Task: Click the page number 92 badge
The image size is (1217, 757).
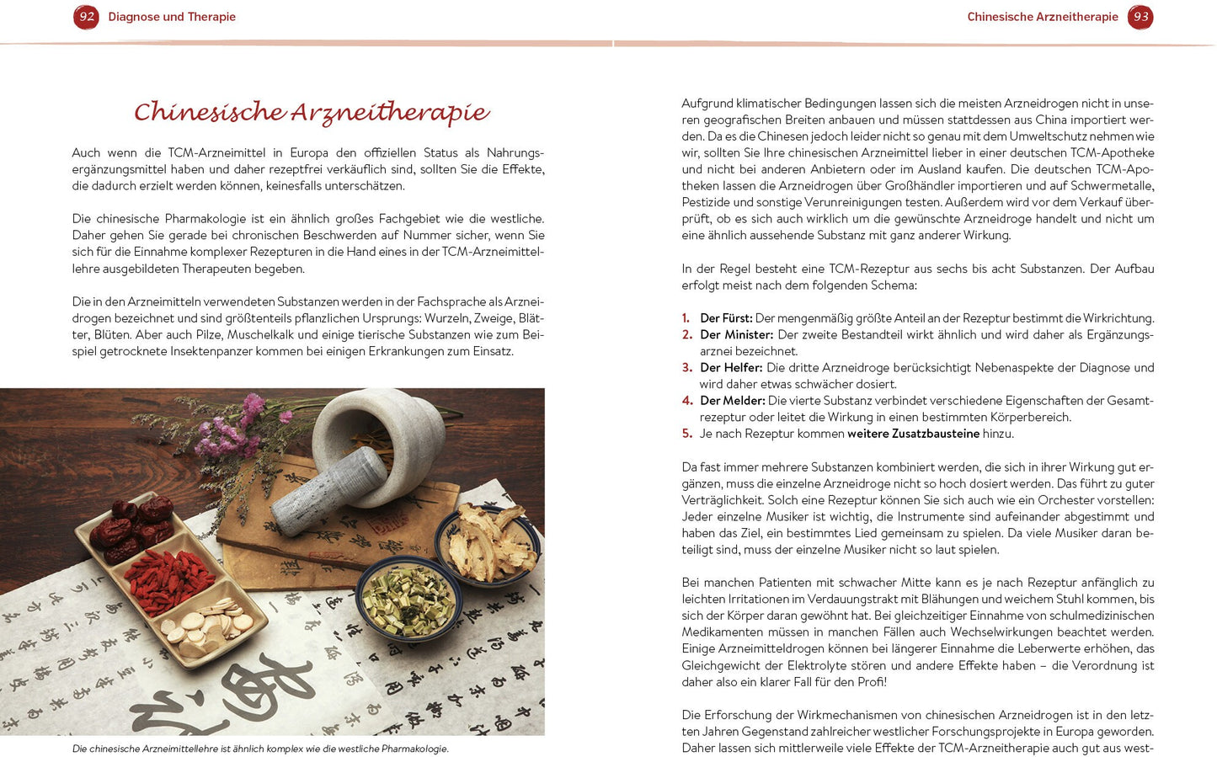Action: pos(86,17)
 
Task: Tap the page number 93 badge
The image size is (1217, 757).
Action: pos(1140,17)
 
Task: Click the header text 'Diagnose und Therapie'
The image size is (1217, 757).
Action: pos(172,17)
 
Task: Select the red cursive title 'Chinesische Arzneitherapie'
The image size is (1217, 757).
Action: pos(312,112)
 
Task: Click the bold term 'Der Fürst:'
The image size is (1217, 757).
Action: pos(726,318)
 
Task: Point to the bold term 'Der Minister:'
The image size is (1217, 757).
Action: pos(736,335)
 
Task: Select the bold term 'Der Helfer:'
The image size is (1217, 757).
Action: pos(731,368)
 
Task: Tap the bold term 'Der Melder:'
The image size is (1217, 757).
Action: pos(732,401)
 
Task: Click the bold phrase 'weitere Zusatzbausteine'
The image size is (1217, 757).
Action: pos(913,434)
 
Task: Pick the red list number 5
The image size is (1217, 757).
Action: pos(686,434)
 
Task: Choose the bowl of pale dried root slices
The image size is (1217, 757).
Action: pos(488,543)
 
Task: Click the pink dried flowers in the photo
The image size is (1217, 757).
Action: pos(236,429)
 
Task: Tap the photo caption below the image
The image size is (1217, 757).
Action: pos(260,749)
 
